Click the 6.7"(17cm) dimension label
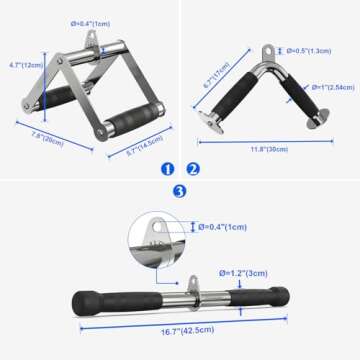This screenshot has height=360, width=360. pos(213,72)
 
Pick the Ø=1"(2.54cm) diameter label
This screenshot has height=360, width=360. pos(327,87)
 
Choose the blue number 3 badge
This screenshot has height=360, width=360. pos(180,190)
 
